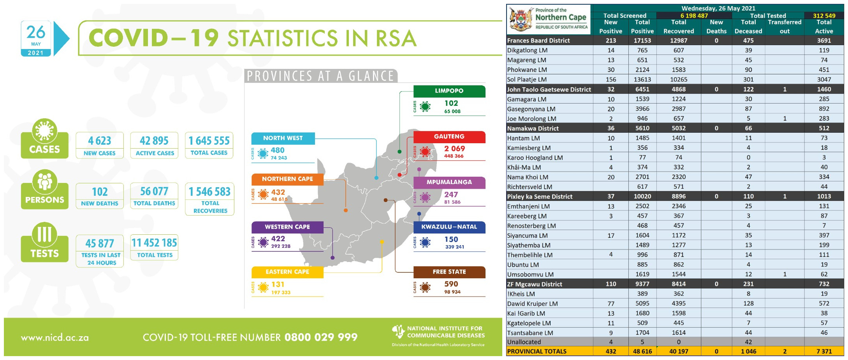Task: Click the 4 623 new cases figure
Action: click(99, 140)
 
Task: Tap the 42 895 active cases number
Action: click(154, 140)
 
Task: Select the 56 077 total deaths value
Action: click(154, 191)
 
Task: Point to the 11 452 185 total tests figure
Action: click(154, 243)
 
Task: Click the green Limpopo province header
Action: click(449, 91)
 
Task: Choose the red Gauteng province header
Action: click(449, 137)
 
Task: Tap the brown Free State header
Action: click(449, 272)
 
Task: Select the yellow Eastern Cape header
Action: click(287, 272)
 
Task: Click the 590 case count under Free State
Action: click(451, 284)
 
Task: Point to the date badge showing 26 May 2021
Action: click(36, 39)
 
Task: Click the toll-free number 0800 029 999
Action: click(321, 337)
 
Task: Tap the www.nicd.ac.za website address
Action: click(55, 338)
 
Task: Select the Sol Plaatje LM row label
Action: click(527, 79)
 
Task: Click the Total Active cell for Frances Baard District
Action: click(824, 40)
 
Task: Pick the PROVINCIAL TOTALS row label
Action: click(537, 351)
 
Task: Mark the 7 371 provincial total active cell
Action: click(824, 351)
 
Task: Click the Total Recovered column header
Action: click(679, 27)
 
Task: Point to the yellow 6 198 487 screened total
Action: click(694, 16)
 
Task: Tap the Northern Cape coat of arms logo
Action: click(521, 19)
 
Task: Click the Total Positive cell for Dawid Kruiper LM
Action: click(642, 304)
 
